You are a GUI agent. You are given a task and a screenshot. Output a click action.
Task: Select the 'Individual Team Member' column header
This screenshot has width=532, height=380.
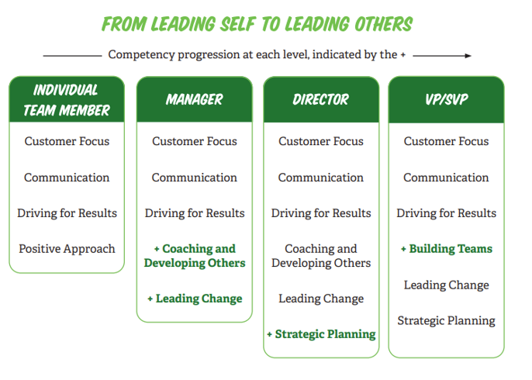tap(67, 100)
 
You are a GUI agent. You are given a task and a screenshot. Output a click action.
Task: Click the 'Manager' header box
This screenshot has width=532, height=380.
tap(194, 99)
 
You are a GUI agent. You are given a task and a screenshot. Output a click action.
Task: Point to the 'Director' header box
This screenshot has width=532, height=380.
tap(320, 99)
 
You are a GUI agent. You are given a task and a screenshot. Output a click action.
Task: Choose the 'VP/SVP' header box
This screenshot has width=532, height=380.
tap(446, 99)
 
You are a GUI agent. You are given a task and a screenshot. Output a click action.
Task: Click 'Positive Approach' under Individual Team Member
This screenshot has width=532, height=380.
tap(67, 249)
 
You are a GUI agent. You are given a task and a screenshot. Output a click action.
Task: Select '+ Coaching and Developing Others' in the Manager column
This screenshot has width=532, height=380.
tap(195, 256)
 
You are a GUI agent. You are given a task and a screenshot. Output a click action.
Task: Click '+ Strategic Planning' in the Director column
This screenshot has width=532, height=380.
tap(321, 334)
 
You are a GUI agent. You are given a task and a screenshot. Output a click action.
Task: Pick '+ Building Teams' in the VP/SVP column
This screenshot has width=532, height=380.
tap(447, 249)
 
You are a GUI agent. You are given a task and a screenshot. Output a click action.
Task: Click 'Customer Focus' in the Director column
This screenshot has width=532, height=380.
tap(321, 141)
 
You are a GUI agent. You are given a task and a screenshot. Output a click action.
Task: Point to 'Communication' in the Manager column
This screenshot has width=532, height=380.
tap(194, 178)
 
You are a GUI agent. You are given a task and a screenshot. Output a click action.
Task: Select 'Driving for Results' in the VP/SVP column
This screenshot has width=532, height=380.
tap(447, 213)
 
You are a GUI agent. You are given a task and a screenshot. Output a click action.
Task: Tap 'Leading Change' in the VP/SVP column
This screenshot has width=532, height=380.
tap(447, 285)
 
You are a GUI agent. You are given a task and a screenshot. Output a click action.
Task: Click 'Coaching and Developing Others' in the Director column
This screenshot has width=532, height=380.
tap(321, 256)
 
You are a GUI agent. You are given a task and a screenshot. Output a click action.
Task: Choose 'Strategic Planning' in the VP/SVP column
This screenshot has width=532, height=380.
tap(447, 320)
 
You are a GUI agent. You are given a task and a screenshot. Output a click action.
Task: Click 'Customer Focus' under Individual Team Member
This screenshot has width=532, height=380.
tap(67, 141)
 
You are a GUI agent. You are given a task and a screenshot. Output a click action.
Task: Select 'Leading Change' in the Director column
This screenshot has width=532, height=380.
tap(321, 299)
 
